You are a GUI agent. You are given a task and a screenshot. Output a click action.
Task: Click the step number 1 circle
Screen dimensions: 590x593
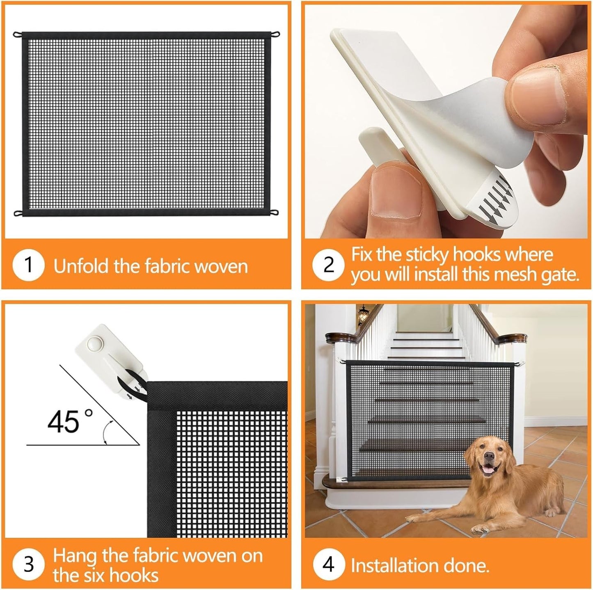[28, 265]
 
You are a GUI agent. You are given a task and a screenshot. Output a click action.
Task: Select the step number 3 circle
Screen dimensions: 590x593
[28, 564]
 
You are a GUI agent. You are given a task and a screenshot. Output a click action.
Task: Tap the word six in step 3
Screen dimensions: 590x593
[107, 575]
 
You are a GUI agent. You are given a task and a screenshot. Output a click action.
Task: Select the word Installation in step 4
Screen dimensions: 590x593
[388, 565]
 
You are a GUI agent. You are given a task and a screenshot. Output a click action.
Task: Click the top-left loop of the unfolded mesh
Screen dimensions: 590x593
[17, 34]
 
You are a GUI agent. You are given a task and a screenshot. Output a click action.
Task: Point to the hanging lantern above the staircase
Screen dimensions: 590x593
[362, 315]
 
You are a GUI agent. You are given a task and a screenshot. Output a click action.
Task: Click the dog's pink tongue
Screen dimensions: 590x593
[488, 471]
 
